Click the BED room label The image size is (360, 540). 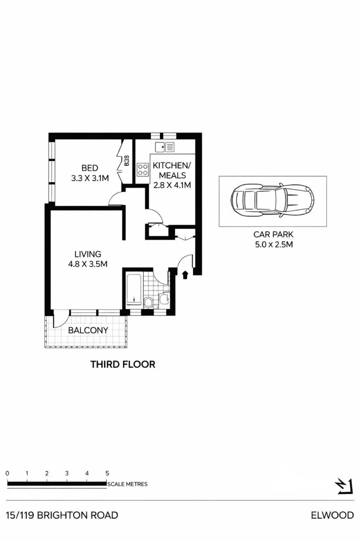(90, 168)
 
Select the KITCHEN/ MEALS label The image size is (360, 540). (172, 170)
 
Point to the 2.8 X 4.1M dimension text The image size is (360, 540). (172, 185)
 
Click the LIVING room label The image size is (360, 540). (88, 254)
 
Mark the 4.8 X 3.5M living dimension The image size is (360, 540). (88, 264)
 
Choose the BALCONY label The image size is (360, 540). (88, 330)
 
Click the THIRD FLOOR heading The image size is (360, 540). (122, 364)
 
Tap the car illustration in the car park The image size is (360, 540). (272, 201)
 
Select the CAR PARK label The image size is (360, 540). (272, 234)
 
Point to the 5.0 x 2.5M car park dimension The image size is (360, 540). (272, 244)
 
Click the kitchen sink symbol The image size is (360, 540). (165, 147)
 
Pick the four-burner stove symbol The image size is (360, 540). (142, 169)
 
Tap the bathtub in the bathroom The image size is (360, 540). (133, 289)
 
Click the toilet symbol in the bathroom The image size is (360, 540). (148, 301)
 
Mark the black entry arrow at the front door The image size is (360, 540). (185, 274)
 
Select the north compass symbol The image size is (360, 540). (344, 486)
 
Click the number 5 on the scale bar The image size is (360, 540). (107, 473)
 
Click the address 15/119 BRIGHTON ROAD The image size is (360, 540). (62, 515)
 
